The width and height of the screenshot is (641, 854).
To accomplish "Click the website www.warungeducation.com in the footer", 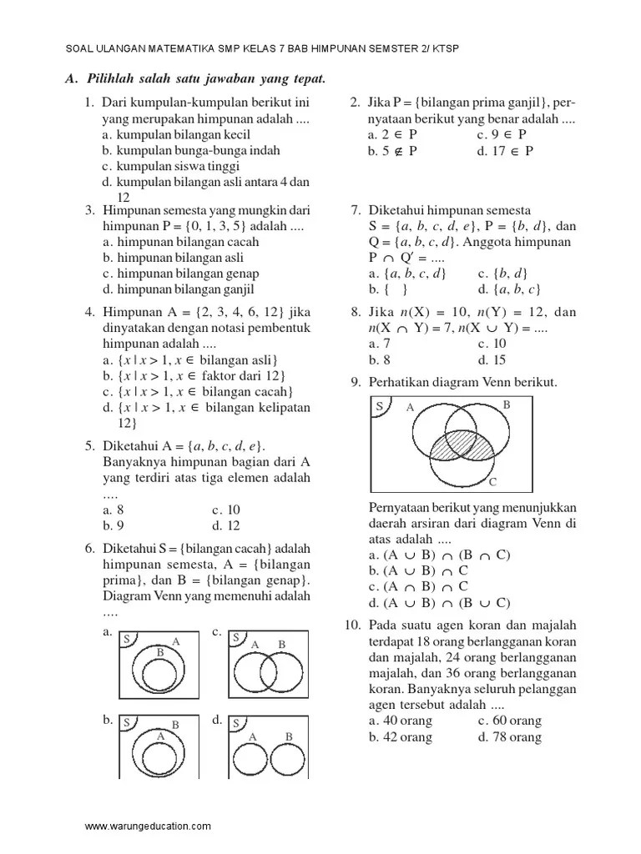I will (148, 826).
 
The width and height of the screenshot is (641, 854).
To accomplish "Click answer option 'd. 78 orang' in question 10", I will (509, 737).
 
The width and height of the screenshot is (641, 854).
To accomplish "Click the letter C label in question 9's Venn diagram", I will (492, 482).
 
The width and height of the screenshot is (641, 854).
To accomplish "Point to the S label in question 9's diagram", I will (379, 406).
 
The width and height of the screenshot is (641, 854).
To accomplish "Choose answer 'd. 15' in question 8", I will (492, 360).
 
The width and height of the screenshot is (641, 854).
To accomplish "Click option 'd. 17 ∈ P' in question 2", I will (505, 151).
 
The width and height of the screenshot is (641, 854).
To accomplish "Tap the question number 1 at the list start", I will (88, 103).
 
